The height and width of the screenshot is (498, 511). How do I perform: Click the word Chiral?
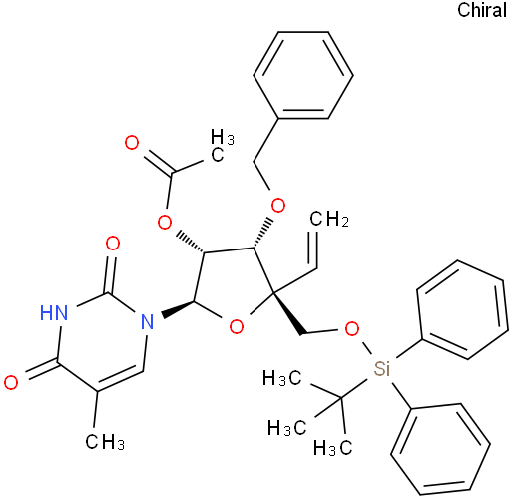click(482, 10)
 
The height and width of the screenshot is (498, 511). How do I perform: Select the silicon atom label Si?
click(381, 368)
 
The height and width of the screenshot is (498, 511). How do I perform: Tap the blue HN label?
click(54, 313)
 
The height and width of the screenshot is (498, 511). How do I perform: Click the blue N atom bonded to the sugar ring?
click(148, 321)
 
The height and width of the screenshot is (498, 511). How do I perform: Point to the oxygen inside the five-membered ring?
click(237, 327)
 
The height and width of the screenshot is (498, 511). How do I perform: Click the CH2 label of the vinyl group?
click(329, 219)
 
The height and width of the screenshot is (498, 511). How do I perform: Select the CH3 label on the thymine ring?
click(105, 442)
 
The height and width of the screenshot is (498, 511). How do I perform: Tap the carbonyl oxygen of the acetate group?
click(132, 143)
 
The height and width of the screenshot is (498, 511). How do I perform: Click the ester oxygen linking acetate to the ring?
click(165, 222)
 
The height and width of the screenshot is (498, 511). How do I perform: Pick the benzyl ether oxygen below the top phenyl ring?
click(278, 205)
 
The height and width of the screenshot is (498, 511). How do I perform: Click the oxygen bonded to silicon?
click(352, 329)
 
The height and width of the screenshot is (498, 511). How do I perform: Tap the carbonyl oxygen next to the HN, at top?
click(113, 244)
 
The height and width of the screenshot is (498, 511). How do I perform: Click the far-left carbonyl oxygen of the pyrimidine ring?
click(11, 382)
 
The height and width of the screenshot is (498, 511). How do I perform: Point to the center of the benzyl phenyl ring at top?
click(303, 75)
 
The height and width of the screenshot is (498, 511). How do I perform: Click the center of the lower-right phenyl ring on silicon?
click(440, 449)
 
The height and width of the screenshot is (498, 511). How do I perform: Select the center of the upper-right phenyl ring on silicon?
click(462, 310)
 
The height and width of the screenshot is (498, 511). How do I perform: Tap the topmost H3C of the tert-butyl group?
click(282, 378)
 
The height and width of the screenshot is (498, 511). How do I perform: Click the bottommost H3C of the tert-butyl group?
click(332, 447)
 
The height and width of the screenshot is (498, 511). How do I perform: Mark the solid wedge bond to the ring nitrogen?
click(178, 309)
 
